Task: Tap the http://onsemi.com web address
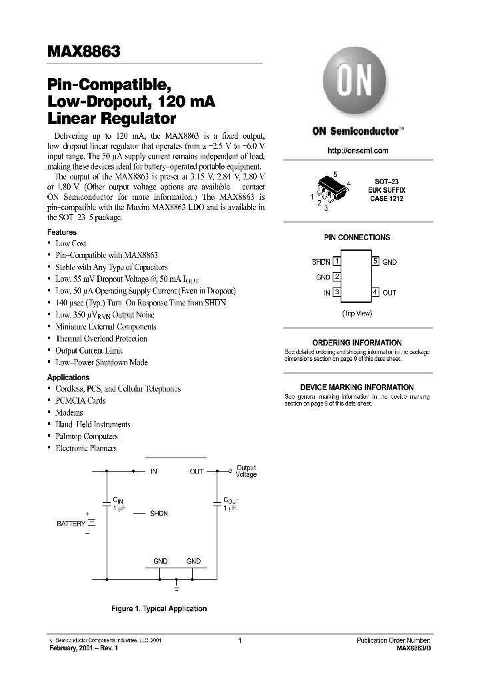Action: [x=358, y=151]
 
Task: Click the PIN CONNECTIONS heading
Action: [x=357, y=237]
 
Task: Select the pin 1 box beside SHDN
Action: [x=337, y=261]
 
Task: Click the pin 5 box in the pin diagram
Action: [x=375, y=261]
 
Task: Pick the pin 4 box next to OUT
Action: [x=375, y=292]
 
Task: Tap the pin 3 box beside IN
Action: [x=337, y=292]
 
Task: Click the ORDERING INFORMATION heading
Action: [x=357, y=342]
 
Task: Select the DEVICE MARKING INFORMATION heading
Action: [x=357, y=388]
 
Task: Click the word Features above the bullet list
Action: [x=62, y=232]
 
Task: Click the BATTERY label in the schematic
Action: [x=71, y=524]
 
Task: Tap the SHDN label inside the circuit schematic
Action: [x=159, y=513]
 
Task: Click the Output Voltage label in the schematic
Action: [x=246, y=471]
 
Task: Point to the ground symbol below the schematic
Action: [x=176, y=588]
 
